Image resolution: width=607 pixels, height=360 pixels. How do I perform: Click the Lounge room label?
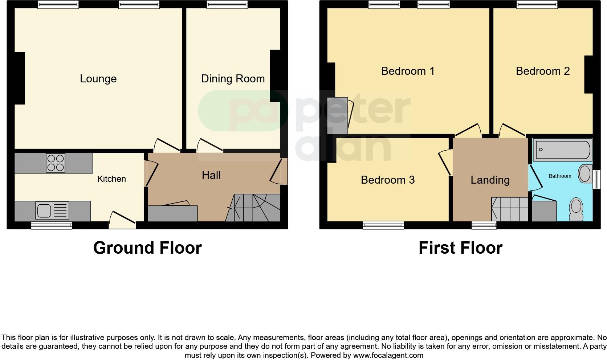tap(98, 79)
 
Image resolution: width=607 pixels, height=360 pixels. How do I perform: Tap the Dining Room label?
tap(233, 79)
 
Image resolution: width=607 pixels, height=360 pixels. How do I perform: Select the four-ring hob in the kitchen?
tap(56, 163)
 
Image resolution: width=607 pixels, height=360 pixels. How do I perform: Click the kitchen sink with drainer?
tap(52, 210)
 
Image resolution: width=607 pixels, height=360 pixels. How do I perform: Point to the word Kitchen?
tap(111, 179)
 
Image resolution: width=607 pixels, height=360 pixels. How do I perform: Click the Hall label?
tap(211, 175)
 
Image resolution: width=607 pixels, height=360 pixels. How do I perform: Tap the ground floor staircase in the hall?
tap(254, 208)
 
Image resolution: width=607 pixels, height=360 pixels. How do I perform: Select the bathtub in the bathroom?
tap(562, 150)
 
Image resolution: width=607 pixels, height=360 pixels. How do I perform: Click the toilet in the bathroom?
tap(576, 209)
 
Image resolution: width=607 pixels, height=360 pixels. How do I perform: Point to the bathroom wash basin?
tap(584, 173)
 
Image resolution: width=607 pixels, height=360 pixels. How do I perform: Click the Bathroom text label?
tap(560, 176)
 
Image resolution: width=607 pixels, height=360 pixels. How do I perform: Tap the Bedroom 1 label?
tap(408, 71)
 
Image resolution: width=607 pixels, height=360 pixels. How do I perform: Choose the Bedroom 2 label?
tap(542, 71)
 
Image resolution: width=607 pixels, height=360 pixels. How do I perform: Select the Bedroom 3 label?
tap(387, 180)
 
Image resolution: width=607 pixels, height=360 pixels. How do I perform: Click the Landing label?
tap(490, 180)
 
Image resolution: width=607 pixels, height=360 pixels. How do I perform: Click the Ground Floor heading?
tap(147, 248)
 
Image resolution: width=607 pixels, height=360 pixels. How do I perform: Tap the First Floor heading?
tap(460, 248)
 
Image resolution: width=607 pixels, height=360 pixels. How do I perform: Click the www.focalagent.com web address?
tap(388, 355)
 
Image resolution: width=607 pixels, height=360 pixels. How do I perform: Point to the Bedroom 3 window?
tap(383, 225)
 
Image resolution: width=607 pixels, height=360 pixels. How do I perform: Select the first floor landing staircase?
tap(509, 209)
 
